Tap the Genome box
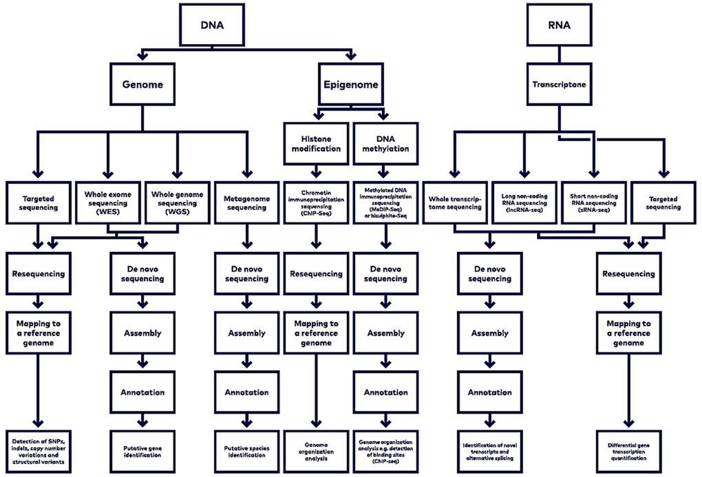coord(142,85)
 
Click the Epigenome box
coord(350,85)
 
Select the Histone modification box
coord(316,143)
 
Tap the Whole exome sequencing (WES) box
coord(107,202)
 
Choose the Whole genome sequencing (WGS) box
coord(177,202)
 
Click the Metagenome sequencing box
coord(246,202)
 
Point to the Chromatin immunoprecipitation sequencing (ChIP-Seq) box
coord(316,202)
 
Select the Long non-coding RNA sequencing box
coord(524,202)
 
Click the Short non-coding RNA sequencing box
coord(593,202)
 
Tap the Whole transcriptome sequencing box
coord(454,202)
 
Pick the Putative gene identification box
coord(142,451)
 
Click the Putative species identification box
coord(246,451)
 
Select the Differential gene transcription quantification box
coord(628,451)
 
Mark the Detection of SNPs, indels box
coord(39,451)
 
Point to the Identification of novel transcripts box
coord(489,451)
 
